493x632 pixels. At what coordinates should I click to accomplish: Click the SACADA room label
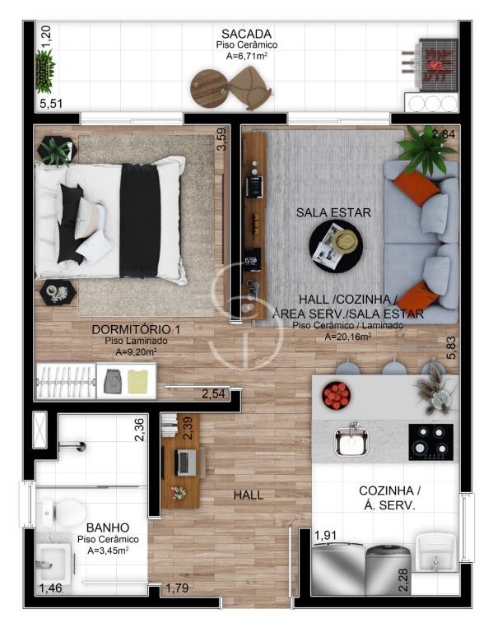(x=246, y=34)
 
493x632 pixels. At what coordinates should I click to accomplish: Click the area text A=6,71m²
(x=247, y=56)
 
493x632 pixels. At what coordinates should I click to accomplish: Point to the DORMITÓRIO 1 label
(x=136, y=329)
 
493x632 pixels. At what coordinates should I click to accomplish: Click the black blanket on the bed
(x=140, y=221)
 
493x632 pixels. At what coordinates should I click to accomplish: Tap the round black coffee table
(x=335, y=246)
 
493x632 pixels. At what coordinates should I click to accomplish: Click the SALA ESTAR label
(x=333, y=212)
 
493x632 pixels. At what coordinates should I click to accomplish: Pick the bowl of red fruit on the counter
(x=336, y=395)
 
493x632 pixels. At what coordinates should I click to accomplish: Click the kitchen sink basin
(x=352, y=440)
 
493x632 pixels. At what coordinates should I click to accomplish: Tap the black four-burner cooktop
(x=431, y=442)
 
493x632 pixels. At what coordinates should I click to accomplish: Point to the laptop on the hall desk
(x=186, y=462)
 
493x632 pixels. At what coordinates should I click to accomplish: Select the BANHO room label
(x=108, y=527)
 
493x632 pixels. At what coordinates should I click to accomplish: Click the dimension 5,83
(x=451, y=347)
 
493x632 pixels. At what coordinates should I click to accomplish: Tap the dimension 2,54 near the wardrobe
(x=213, y=393)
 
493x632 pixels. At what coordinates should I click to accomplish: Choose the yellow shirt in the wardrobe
(x=138, y=382)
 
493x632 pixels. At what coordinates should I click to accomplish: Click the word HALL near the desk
(x=249, y=495)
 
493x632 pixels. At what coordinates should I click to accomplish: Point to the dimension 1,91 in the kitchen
(x=325, y=535)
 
